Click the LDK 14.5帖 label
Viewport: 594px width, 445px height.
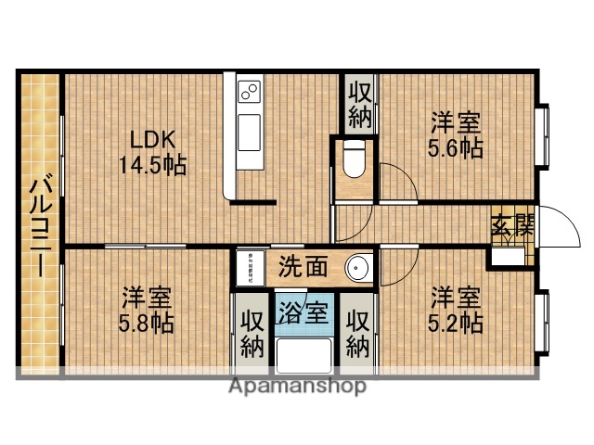tap(152, 153)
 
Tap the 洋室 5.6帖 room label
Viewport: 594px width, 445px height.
tap(456, 135)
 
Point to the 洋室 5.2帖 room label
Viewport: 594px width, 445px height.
tap(455, 311)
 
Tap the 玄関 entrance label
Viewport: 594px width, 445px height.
tap(512, 225)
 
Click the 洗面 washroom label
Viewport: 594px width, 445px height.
tap(303, 267)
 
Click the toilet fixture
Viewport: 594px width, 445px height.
tap(353, 159)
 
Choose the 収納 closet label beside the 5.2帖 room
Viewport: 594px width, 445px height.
tap(357, 333)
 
